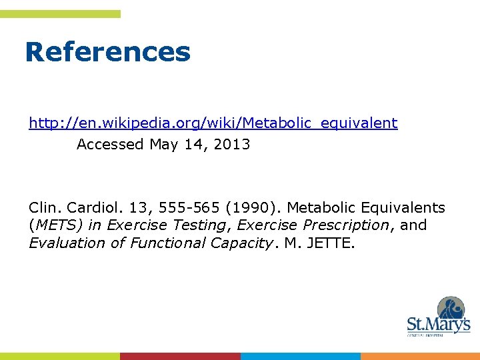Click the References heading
click(107, 52)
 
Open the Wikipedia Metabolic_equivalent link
click(213, 123)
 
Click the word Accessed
click(110, 144)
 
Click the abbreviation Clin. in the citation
click(43, 207)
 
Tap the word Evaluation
click(67, 243)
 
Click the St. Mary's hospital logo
click(439, 317)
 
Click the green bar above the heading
click(60, 13)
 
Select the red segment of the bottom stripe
click(180, 356)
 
